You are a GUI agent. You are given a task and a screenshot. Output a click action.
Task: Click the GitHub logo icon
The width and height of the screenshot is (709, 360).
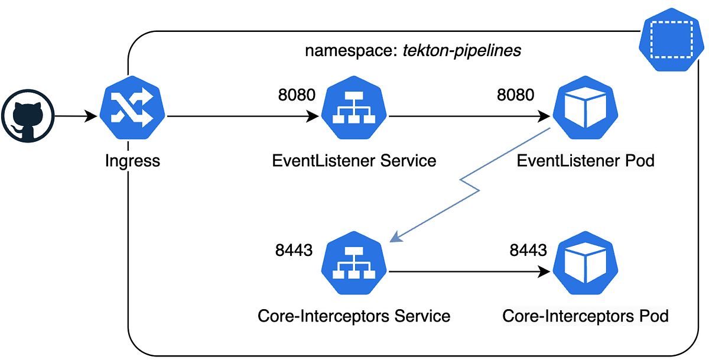click(x=28, y=116)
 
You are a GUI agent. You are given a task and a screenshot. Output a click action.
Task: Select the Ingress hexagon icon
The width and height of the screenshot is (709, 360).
click(x=132, y=108)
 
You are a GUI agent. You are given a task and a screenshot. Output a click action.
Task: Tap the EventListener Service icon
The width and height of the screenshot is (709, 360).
click(x=354, y=108)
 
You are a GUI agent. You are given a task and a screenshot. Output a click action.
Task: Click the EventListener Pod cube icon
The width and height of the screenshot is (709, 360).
click(x=586, y=108)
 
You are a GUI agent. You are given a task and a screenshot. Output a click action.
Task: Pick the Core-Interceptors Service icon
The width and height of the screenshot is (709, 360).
click(x=354, y=263)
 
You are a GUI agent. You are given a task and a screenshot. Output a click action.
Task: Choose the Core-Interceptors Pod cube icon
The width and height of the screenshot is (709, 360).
click(x=586, y=263)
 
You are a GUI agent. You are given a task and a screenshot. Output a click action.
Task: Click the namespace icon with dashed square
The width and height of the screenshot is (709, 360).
click(x=671, y=40)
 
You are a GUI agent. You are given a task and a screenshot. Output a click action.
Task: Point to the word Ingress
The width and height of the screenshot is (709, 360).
click(x=132, y=161)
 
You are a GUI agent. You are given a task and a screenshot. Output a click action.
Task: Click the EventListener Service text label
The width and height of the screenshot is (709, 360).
click(x=354, y=161)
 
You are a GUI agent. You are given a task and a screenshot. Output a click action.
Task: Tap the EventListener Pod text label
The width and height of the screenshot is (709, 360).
click(x=586, y=161)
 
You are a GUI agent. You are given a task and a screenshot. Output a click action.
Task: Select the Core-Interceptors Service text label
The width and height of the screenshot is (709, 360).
click(x=354, y=316)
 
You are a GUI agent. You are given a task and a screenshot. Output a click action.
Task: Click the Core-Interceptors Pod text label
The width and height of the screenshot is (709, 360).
click(x=586, y=316)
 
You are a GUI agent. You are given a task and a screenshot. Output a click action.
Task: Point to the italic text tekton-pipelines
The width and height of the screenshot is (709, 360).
click(x=462, y=51)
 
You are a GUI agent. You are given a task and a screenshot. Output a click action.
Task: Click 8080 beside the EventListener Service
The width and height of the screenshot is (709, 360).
click(x=297, y=95)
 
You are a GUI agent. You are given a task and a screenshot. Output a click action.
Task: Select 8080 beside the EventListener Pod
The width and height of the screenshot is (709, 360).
click(x=516, y=95)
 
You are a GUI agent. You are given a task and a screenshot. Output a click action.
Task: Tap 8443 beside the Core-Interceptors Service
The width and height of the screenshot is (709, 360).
click(x=294, y=250)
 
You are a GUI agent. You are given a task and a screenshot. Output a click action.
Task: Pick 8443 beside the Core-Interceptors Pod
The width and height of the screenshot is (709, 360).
click(x=528, y=250)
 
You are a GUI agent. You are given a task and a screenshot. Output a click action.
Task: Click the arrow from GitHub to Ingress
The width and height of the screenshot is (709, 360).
click(x=76, y=116)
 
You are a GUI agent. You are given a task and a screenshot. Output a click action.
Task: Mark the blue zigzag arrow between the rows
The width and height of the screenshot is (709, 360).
click(x=470, y=185)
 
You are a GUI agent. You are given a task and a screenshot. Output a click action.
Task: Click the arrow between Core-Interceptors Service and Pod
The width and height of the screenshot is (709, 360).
click(x=469, y=272)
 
